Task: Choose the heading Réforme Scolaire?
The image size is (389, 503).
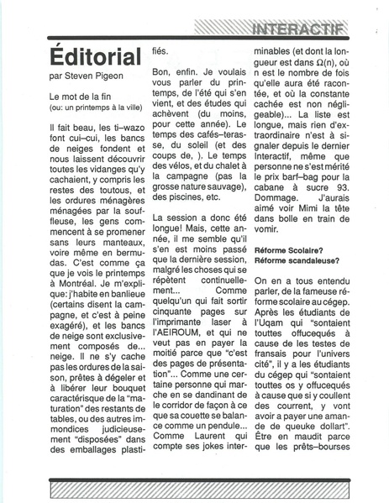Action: (286, 249)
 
